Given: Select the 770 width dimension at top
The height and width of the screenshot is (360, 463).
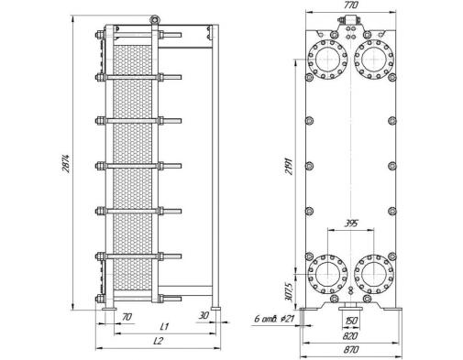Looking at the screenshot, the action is coord(350,5).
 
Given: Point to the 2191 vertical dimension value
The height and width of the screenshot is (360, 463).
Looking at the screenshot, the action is coord(289,166).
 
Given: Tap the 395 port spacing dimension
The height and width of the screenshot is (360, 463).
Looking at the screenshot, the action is coord(351,224).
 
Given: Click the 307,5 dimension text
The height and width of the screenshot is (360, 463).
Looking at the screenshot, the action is coord(289,292).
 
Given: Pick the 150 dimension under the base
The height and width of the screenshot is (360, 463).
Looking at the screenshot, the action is coord(351,321).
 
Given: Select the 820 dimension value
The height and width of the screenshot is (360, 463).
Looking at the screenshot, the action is coord(350,336).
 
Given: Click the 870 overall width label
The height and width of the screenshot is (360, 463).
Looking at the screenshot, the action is coord(351,350).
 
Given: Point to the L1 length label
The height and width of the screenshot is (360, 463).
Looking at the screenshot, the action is coord(164,326).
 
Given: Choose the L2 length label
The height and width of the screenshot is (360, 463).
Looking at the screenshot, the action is coord(159,341).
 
